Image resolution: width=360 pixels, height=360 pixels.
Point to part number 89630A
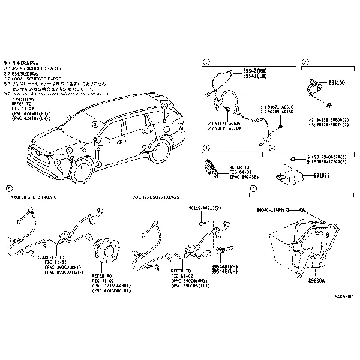coord(317,280)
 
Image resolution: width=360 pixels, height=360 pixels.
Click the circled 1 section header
coord(206,62)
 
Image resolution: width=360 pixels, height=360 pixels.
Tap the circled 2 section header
coord(305,62)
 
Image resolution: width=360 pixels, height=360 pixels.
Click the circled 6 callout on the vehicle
coord(163,106)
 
